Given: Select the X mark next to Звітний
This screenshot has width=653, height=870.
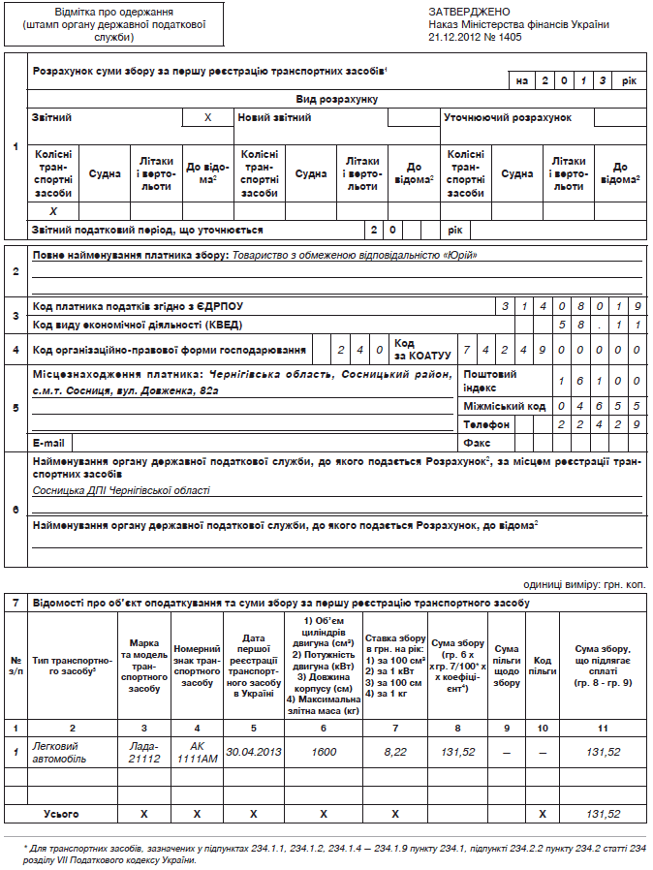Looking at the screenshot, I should coord(207,118).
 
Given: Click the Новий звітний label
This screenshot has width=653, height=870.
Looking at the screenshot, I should coord(275,118).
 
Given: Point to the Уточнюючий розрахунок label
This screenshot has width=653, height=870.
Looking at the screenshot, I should coord(508,118).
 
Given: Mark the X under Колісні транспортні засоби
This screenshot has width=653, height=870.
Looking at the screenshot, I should coord(53,211).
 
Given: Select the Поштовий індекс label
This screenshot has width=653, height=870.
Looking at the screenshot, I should coord(489,380).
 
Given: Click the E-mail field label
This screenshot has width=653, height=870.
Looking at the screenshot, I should coord(49,442).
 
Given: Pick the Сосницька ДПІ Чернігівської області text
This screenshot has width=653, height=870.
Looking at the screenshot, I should coord(121,490).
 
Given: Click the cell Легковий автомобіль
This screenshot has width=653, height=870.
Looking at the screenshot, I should coord(59,752).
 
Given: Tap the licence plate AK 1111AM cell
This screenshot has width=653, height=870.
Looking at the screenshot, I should coord(197,752).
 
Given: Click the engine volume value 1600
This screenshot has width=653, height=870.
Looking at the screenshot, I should coord(324,752).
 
